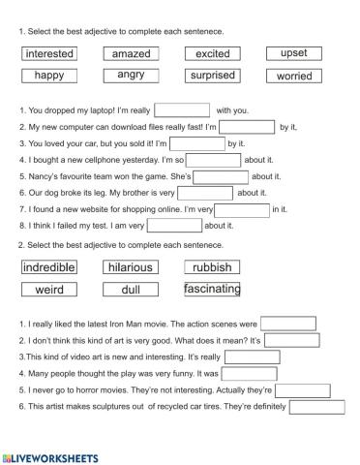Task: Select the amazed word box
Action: click(x=131, y=53)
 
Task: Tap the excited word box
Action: click(x=212, y=53)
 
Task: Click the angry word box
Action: click(x=131, y=75)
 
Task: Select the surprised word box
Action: click(x=212, y=75)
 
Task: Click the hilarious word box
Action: click(x=131, y=266)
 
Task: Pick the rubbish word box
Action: click(x=212, y=266)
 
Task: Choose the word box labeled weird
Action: click(x=49, y=289)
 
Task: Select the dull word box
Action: click(x=131, y=289)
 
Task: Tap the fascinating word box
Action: click(x=212, y=289)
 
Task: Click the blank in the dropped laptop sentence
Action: click(x=182, y=109)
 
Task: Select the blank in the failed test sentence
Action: click(x=175, y=226)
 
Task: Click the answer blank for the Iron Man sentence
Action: click(x=288, y=324)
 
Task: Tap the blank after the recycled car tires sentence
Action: click(x=316, y=407)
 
